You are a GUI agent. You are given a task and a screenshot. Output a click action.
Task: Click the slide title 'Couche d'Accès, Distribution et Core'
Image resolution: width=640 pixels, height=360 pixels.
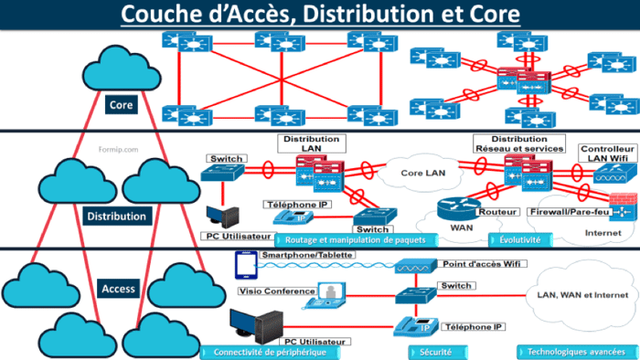tap(320, 16)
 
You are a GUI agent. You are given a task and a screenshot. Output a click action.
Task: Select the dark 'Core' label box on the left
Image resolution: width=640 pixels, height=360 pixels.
tap(121, 105)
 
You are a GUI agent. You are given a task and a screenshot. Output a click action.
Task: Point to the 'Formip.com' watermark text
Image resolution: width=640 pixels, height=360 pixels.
tap(116, 144)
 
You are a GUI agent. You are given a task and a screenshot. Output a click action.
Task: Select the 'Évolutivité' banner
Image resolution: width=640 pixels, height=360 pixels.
tap(521, 239)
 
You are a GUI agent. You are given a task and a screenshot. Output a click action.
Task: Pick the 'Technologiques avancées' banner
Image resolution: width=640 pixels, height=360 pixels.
tap(574, 352)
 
